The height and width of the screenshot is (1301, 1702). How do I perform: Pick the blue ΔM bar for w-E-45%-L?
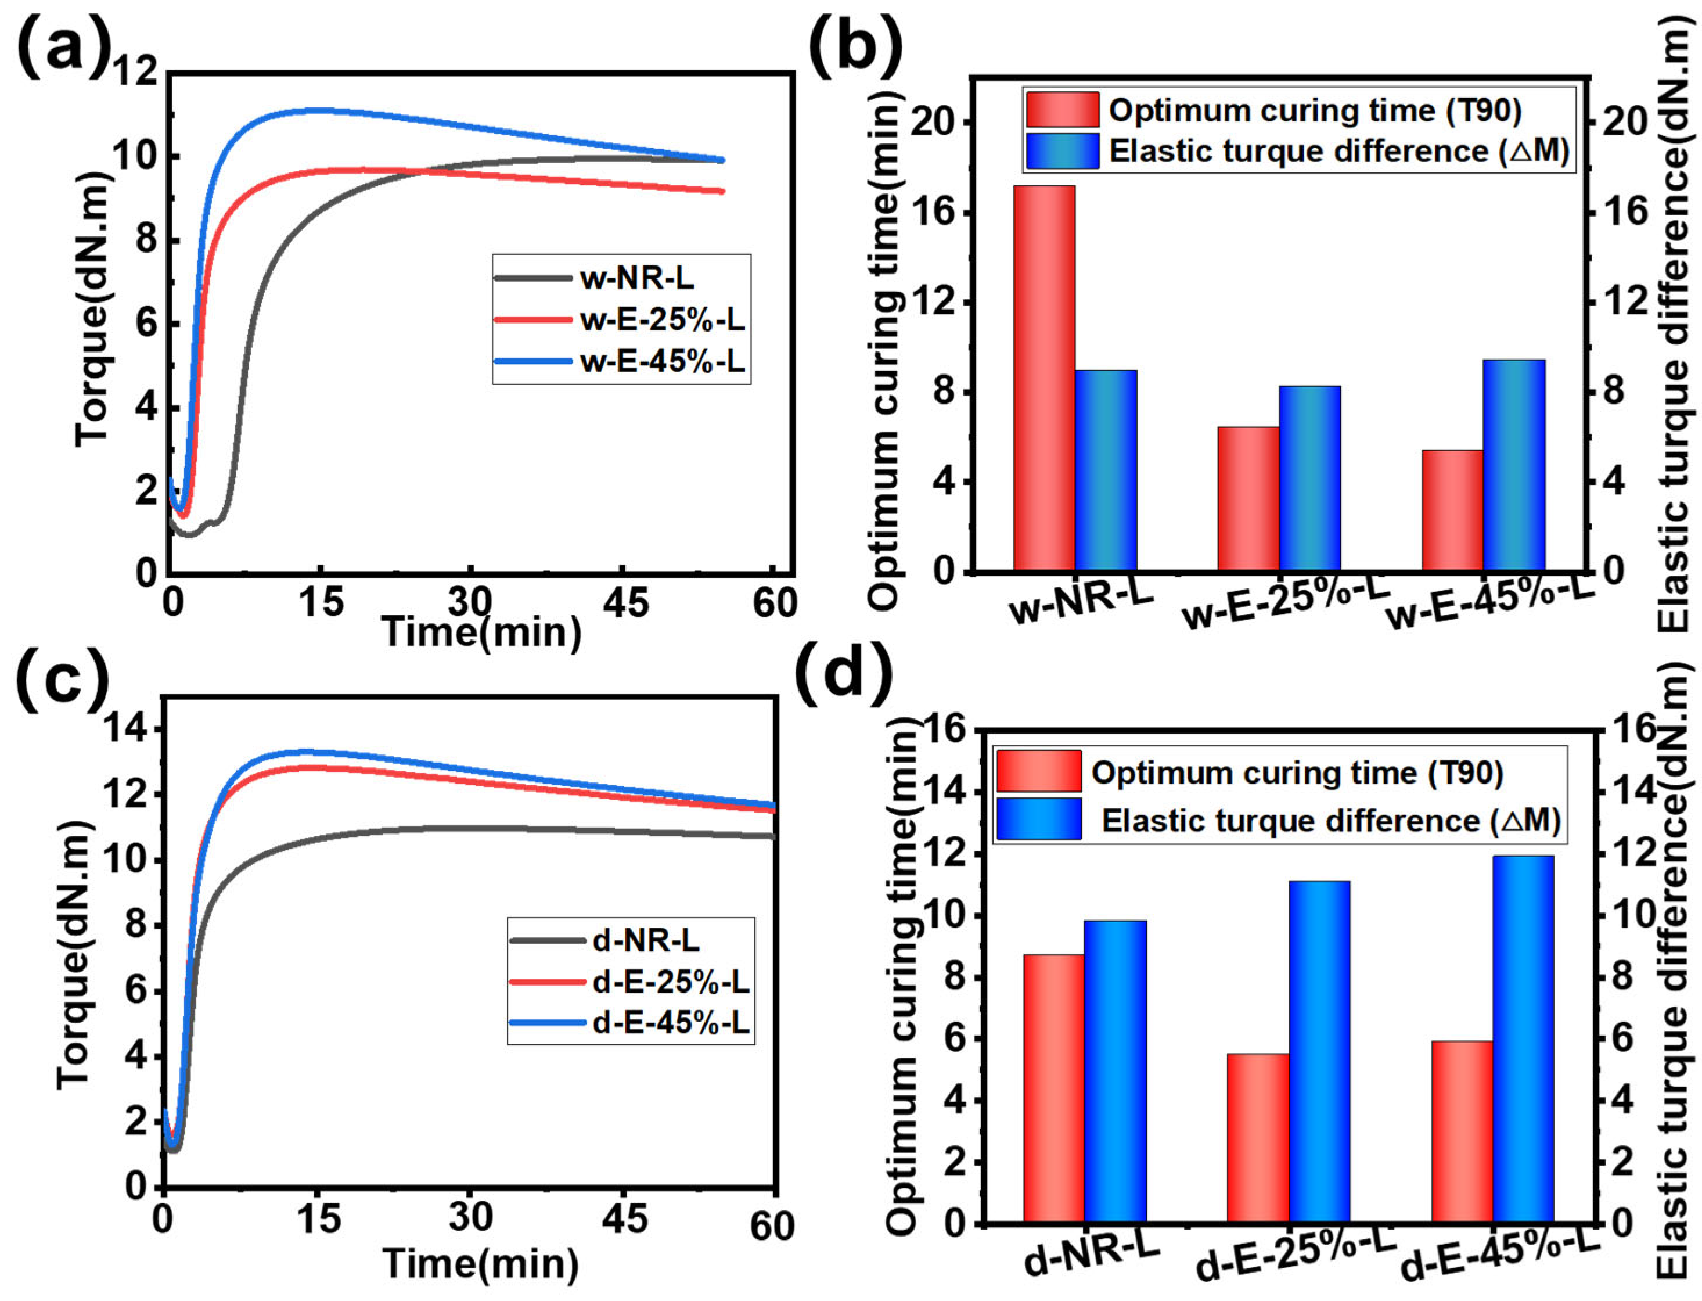tap(1514, 465)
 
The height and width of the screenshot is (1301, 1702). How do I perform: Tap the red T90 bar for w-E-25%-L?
tap(1247, 499)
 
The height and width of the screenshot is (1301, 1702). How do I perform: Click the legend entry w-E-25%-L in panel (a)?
tap(662, 319)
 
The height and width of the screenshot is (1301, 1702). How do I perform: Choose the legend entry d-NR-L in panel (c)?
tap(645, 940)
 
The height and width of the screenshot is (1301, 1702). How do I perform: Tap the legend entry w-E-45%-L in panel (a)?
tap(662, 361)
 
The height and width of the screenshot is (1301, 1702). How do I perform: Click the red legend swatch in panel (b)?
tap(1063, 110)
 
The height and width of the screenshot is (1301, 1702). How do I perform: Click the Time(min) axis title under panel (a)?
tap(481, 632)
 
